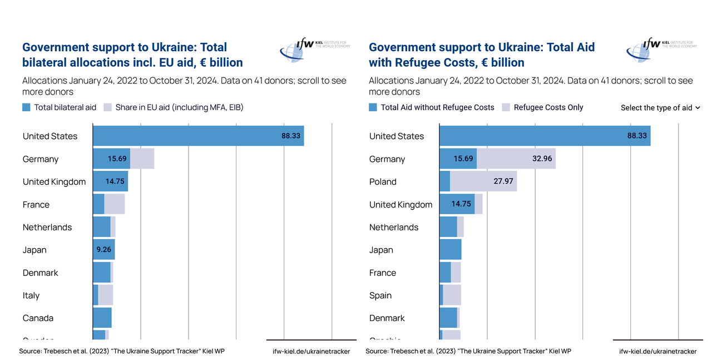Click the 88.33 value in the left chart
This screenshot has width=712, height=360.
tap(291, 136)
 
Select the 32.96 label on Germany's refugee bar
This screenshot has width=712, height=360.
tap(542, 159)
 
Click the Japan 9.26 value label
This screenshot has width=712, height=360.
tap(103, 250)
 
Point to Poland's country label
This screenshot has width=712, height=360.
tap(383, 182)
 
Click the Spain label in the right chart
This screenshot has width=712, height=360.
tap(380, 295)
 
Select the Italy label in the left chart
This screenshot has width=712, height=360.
tap(31, 295)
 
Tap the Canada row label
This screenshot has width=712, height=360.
tap(38, 318)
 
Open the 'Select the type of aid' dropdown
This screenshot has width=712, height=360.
tap(660, 108)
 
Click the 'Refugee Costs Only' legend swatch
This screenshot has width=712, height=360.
tap(506, 107)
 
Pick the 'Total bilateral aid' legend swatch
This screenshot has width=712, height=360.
tap(27, 107)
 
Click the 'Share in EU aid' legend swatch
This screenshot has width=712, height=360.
tap(108, 107)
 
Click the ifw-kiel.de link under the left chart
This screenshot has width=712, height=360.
tap(311, 352)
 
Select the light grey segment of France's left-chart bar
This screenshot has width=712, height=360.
tap(115, 205)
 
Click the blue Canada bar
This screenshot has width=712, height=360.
tap(102, 318)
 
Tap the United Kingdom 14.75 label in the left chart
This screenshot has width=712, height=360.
tap(117, 182)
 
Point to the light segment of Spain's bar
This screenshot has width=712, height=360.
tap(452, 295)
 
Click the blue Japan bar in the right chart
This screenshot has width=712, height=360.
tap(451, 250)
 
